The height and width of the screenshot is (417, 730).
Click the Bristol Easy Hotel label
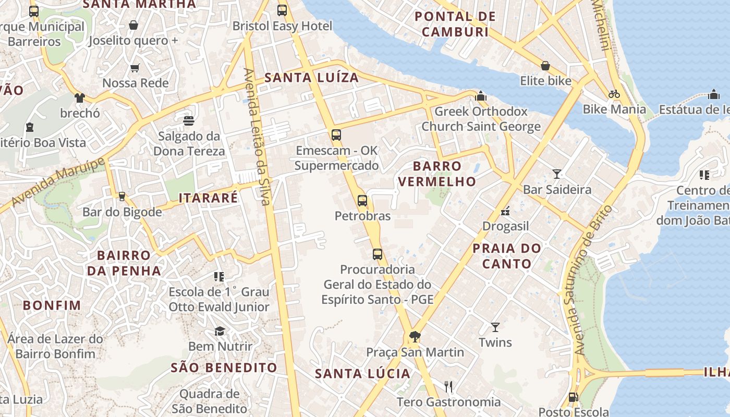click(x=282, y=26)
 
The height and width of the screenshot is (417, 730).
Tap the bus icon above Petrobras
click(x=362, y=200)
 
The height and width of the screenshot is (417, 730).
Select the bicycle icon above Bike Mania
click(x=614, y=94)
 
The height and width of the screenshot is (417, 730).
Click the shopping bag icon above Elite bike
click(x=545, y=66)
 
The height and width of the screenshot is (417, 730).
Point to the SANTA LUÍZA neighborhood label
click(x=311, y=78)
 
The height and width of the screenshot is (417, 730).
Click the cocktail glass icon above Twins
click(x=495, y=327)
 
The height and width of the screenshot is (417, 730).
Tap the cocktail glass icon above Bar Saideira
click(x=557, y=174)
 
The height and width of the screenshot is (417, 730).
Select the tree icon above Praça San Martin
click(x=415, y=337)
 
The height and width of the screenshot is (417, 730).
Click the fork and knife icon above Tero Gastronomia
click(x=448, y=386)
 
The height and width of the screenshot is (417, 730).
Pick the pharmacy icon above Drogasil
click(x=505, y=211)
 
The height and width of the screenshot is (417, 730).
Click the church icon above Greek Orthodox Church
click(x=481, y=96)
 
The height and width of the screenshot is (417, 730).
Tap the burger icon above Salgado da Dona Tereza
click(x=189, y=121)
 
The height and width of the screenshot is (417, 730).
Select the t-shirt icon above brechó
click(x=79, y=97)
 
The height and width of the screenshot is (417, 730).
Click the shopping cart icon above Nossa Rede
click(x=135, y=68)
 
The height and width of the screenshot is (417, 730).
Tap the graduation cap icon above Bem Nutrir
click(x=220, y=332)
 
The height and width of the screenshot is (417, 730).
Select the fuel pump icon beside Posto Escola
click(x=573, y=397)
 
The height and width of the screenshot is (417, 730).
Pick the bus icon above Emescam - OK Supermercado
click(x=336, y=135)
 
